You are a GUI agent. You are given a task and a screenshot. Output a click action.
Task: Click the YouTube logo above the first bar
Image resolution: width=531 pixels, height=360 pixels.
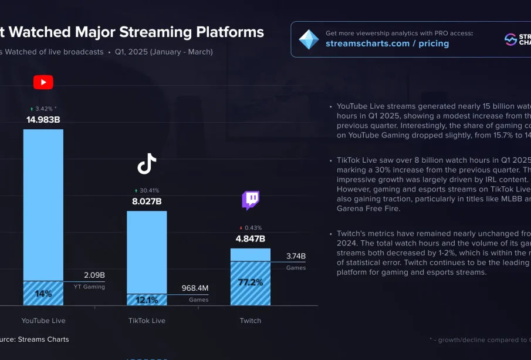click(x=43, y=82)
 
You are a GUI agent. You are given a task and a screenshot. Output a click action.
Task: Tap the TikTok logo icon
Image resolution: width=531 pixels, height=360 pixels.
click(x=147, y=164)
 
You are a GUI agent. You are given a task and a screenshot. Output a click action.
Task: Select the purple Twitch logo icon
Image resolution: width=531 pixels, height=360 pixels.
click(x=251, y=200)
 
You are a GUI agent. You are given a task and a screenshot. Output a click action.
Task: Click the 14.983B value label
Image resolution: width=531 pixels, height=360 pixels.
click(x=43, y=120)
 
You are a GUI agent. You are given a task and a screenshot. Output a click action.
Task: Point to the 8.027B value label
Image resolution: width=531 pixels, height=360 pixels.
click(x=147, y=201)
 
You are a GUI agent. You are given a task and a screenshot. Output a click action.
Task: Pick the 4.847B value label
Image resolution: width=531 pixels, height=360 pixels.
click(x=251, y=238)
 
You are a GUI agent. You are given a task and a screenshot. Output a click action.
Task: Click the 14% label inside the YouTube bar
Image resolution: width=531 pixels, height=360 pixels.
click(x=43, y=294)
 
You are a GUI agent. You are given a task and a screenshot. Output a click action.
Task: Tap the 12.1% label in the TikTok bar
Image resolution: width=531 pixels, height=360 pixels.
click(x=147, y=300)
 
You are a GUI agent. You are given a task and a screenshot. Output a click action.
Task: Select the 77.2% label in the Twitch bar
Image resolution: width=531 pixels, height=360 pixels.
click(x=251, y=282)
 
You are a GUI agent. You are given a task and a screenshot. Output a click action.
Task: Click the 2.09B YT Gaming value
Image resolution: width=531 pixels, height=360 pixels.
click(x=94, y=275)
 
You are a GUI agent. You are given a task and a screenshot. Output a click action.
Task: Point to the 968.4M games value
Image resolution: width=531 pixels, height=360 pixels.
click(x=195, y=288)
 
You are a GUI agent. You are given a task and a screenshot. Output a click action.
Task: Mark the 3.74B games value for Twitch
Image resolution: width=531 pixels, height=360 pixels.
click(x=296, y=256)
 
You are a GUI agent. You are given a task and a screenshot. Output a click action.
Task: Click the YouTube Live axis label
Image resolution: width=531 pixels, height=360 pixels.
click(x=43, y=321)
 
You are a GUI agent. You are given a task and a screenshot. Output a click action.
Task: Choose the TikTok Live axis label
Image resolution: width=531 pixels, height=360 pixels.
click(x=147, y=321)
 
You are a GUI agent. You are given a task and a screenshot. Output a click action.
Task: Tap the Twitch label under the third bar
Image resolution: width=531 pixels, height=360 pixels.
click(x=251, y=321)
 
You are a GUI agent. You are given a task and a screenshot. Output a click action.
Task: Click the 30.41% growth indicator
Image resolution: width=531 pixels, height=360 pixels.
click(x=147, y=190)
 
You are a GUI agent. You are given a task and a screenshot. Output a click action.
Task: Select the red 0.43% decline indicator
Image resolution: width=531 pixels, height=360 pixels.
click(x=251, y=228)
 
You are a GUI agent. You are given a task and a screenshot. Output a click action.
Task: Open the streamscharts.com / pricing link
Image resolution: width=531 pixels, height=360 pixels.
click(x=387, y=43)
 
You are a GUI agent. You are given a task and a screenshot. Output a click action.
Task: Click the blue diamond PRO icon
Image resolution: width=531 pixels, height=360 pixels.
click(x=309, y=39)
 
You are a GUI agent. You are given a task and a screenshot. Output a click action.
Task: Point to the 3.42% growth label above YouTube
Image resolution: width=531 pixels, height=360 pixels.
click(x=43, y=109)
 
